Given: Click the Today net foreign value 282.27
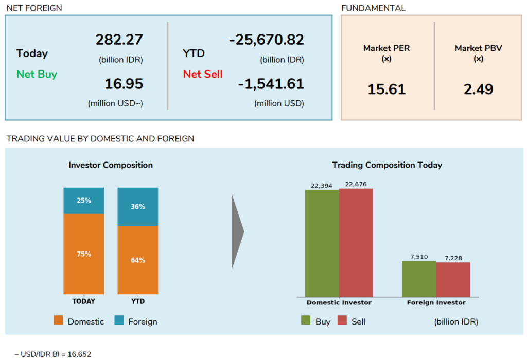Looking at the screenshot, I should (x=119, y=40).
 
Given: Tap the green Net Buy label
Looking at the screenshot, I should (x=37, y=74).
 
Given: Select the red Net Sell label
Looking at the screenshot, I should (x=203, y=74).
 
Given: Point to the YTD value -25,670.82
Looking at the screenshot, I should (x=267, y=40).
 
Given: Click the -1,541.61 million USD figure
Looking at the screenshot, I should (x=271, y=84).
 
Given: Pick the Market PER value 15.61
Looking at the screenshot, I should (x=387, y=89).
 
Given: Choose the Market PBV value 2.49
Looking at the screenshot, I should (x=478, y=89).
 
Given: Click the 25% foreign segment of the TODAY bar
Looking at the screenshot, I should (x=84, y=201).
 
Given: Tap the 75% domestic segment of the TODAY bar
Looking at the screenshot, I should (x=84, y=254).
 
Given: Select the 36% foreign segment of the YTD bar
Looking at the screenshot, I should (x=138, y=207).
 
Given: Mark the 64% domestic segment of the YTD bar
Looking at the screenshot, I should (x=138, y=260).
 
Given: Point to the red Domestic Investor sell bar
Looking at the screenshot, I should (x=356, y=242).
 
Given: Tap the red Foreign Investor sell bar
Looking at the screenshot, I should (x=453, y=279).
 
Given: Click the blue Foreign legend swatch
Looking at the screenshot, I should (x=119, y=320).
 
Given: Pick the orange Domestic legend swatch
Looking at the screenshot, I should (x=58, y=320).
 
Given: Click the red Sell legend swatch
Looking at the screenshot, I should (x=342, y=320).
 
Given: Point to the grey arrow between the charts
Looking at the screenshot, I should (x=237, y=231).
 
